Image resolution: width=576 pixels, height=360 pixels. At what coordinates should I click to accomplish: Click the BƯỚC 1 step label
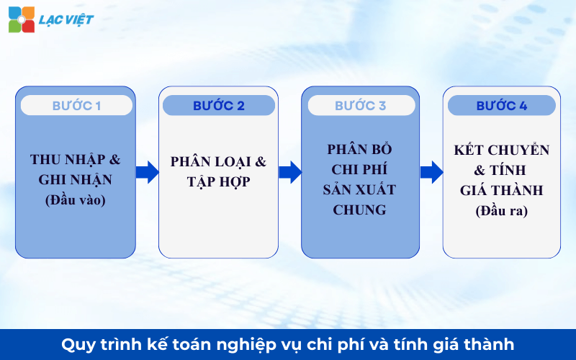76,106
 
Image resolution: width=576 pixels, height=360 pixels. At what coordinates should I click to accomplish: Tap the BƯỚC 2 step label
218,106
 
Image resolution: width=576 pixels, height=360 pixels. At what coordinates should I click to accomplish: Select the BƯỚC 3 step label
360,106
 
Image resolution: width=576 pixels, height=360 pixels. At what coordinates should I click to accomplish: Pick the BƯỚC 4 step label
501,106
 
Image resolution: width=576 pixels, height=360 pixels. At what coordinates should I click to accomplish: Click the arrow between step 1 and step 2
147,172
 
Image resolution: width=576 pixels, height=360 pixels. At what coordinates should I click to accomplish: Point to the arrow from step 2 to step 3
289,172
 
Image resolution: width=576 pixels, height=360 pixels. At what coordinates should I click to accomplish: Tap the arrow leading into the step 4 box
431,172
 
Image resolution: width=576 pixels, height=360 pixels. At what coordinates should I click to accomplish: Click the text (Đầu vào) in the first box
75,200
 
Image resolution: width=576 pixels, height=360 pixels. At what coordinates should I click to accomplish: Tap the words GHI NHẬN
75,180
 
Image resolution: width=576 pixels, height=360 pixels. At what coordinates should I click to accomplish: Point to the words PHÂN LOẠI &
218,162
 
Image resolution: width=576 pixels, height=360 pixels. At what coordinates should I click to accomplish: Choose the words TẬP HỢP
218,182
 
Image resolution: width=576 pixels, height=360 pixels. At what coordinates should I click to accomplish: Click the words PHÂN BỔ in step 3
360,149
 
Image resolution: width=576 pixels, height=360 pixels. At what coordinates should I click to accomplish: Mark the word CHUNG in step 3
360,210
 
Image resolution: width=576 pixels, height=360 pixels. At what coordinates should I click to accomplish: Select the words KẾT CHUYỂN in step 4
501,150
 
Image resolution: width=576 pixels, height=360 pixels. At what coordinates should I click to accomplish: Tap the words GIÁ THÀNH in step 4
501,191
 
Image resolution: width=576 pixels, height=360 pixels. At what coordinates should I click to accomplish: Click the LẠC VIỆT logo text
67,19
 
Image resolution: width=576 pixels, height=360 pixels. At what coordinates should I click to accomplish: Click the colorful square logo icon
22,19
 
